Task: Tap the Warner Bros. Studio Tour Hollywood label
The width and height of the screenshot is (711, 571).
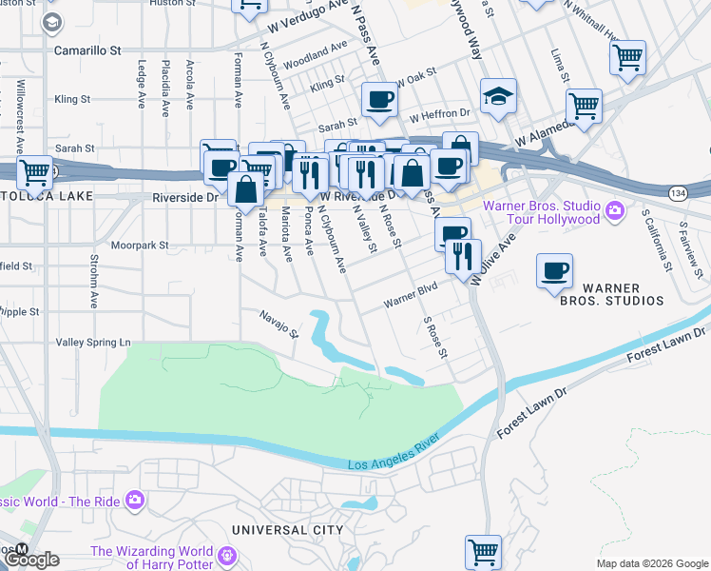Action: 541,212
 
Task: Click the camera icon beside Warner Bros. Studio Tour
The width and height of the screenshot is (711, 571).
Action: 615,208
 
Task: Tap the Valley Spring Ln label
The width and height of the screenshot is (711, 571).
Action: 93,342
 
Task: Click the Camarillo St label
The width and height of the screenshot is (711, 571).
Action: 88,48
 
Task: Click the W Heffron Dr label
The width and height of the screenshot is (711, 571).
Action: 439,115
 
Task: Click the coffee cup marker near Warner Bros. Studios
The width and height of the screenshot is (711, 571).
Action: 554,272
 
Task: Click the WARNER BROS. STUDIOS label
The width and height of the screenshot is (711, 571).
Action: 622,294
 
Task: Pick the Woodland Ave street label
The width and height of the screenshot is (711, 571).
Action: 316,49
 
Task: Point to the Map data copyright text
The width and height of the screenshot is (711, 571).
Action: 651,563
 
